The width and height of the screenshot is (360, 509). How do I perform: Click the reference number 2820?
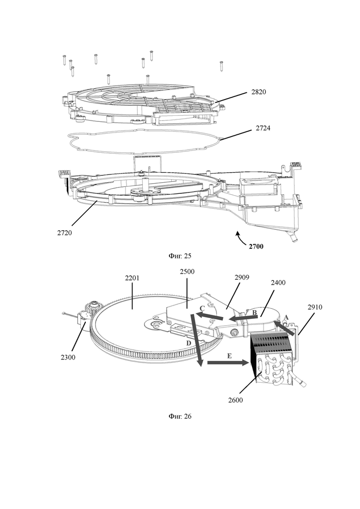coord(259,92)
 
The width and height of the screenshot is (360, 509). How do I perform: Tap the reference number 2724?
coord(263,128)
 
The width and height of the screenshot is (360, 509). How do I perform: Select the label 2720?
coord(65,233)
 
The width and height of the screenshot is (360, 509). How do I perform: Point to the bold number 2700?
coord(256,246)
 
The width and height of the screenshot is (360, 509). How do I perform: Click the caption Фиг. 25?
coord(180,256)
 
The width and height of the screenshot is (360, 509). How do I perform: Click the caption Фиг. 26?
coord(180,416)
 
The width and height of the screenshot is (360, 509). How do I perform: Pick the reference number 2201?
coord(132,278)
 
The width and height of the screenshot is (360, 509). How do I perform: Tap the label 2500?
coord(187,272)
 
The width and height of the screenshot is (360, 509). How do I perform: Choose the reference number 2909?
coord(241,277)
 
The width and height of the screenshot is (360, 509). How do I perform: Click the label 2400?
coord(278,283)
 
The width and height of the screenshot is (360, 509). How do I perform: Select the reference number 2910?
coord(315,307)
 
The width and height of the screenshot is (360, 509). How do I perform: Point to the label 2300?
coord(68,357)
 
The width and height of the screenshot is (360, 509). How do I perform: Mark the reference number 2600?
coord(235,400)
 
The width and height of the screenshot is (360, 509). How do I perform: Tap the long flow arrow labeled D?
coord(197,340)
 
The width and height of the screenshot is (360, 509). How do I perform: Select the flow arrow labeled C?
coord(209,316)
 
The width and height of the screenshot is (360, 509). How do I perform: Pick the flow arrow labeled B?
coord(243,319)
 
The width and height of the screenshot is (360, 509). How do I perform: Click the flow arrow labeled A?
coord(284,328)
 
